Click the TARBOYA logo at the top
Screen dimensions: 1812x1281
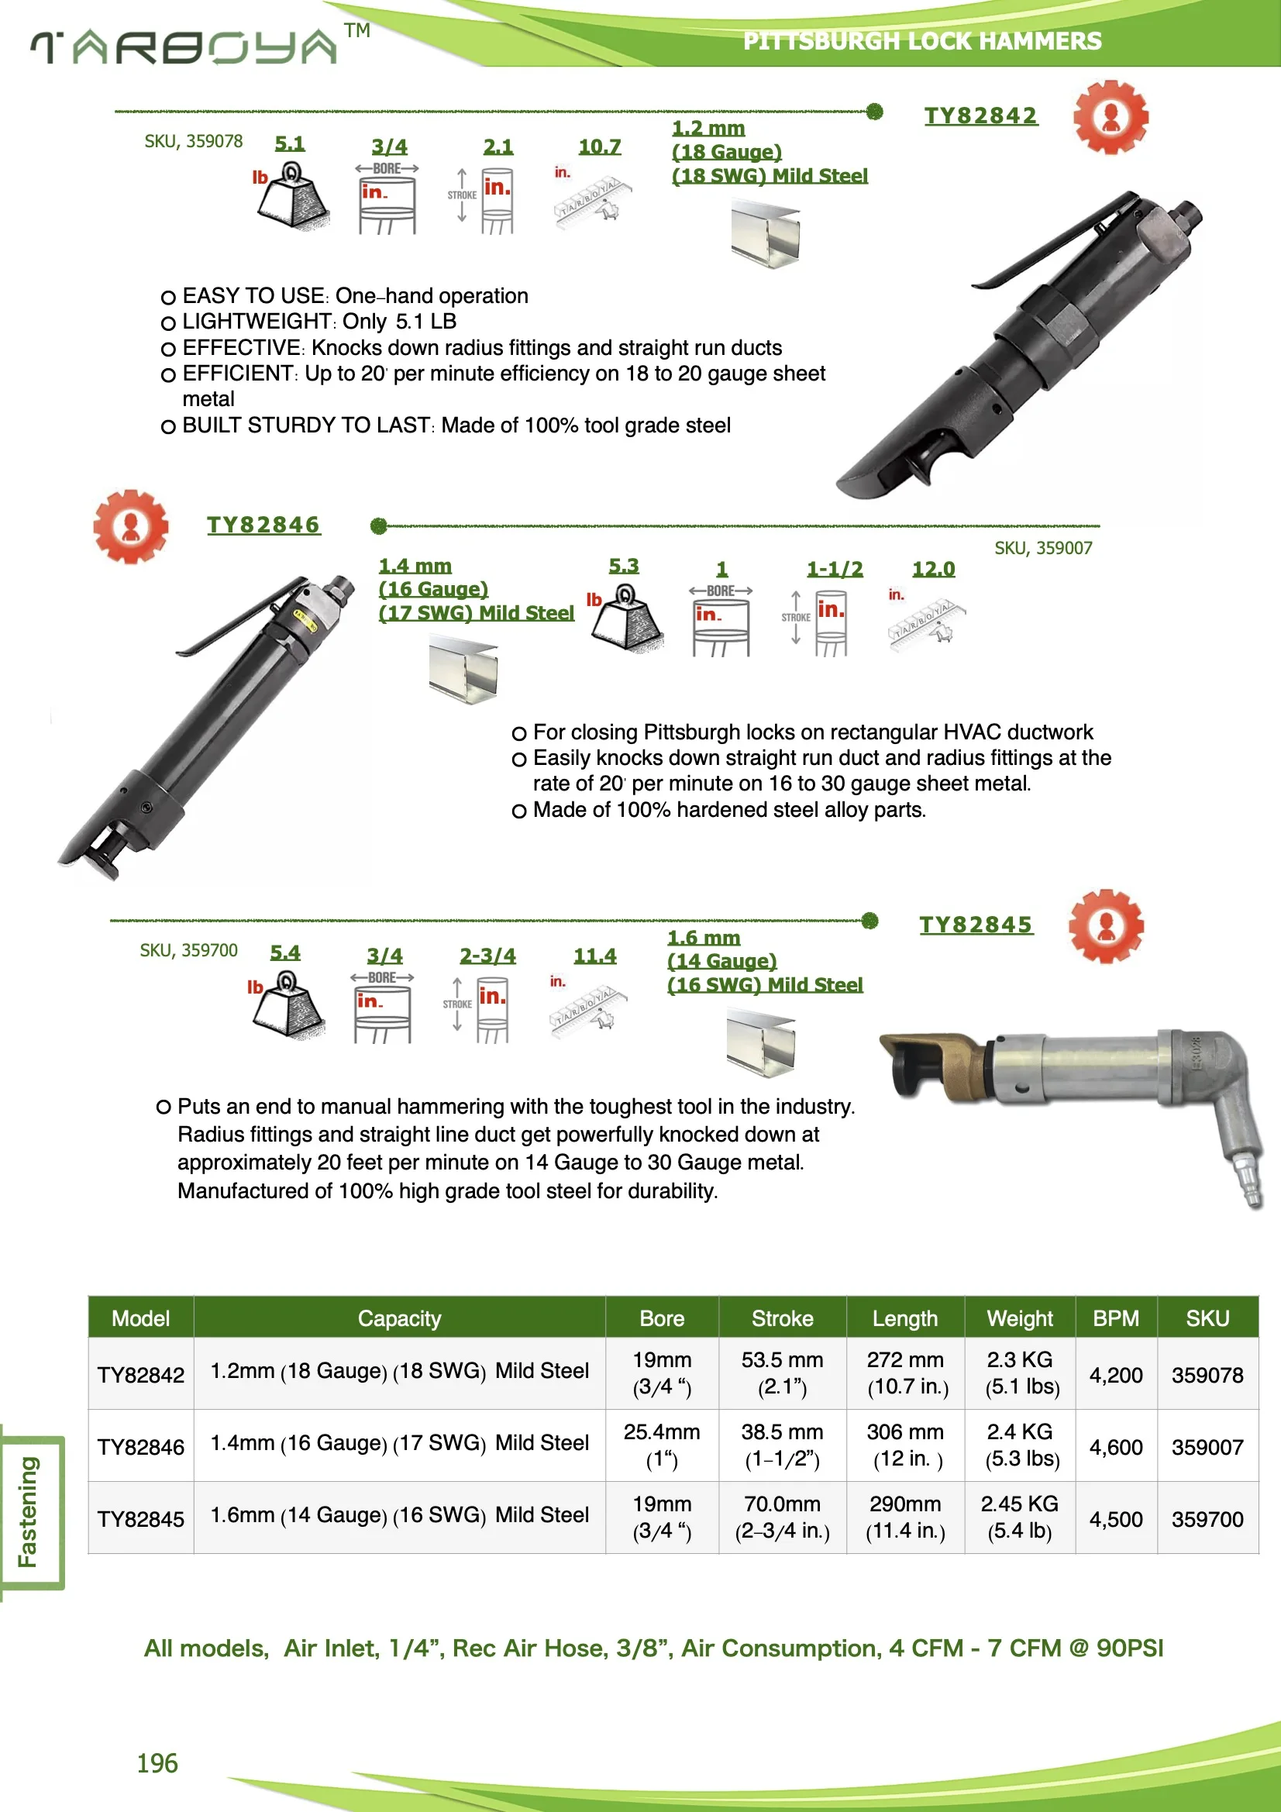point(185,47)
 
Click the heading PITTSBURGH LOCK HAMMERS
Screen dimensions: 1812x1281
point(921,41)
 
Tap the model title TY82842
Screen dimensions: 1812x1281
point(980,115)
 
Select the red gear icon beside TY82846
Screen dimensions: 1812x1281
point(130,525)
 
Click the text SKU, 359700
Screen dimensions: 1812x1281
point(188,950)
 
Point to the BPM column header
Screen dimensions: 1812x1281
point(1114,1318)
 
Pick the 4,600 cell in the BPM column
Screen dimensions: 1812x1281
point(1114,1447)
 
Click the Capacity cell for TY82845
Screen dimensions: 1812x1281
point(398,1514)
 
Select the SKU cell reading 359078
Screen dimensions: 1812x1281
point(1206,1375)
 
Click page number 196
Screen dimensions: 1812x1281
point(157,1763)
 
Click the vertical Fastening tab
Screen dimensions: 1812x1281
point(29,1511)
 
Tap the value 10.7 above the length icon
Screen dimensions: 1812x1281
point(599,146)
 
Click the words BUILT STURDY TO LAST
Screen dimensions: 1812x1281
point(306,425)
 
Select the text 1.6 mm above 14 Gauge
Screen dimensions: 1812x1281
point(703,938)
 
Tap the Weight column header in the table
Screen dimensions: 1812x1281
point(1019,1318)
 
